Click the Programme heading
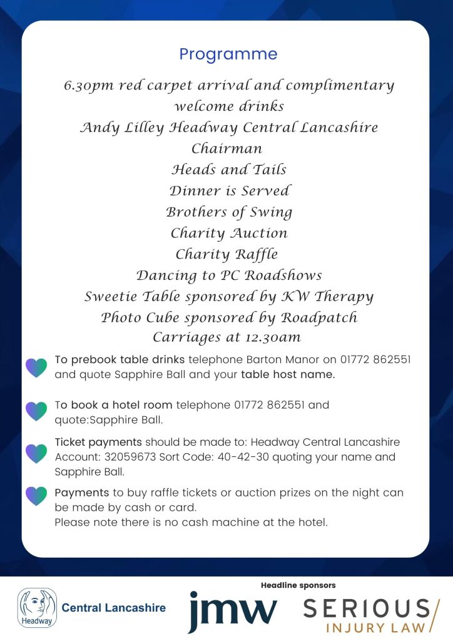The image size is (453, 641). (228, 54)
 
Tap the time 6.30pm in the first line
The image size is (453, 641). (86, 86)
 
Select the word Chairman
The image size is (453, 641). (227, 149)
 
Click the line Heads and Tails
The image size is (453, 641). (229, 170)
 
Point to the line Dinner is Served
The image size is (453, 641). (230, 191)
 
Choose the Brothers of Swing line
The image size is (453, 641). (229, 212)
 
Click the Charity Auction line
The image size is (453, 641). (229, 233)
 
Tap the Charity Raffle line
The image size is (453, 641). (227, 255)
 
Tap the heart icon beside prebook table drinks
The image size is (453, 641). (36, 367)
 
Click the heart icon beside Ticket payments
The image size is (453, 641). (36, 453)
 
